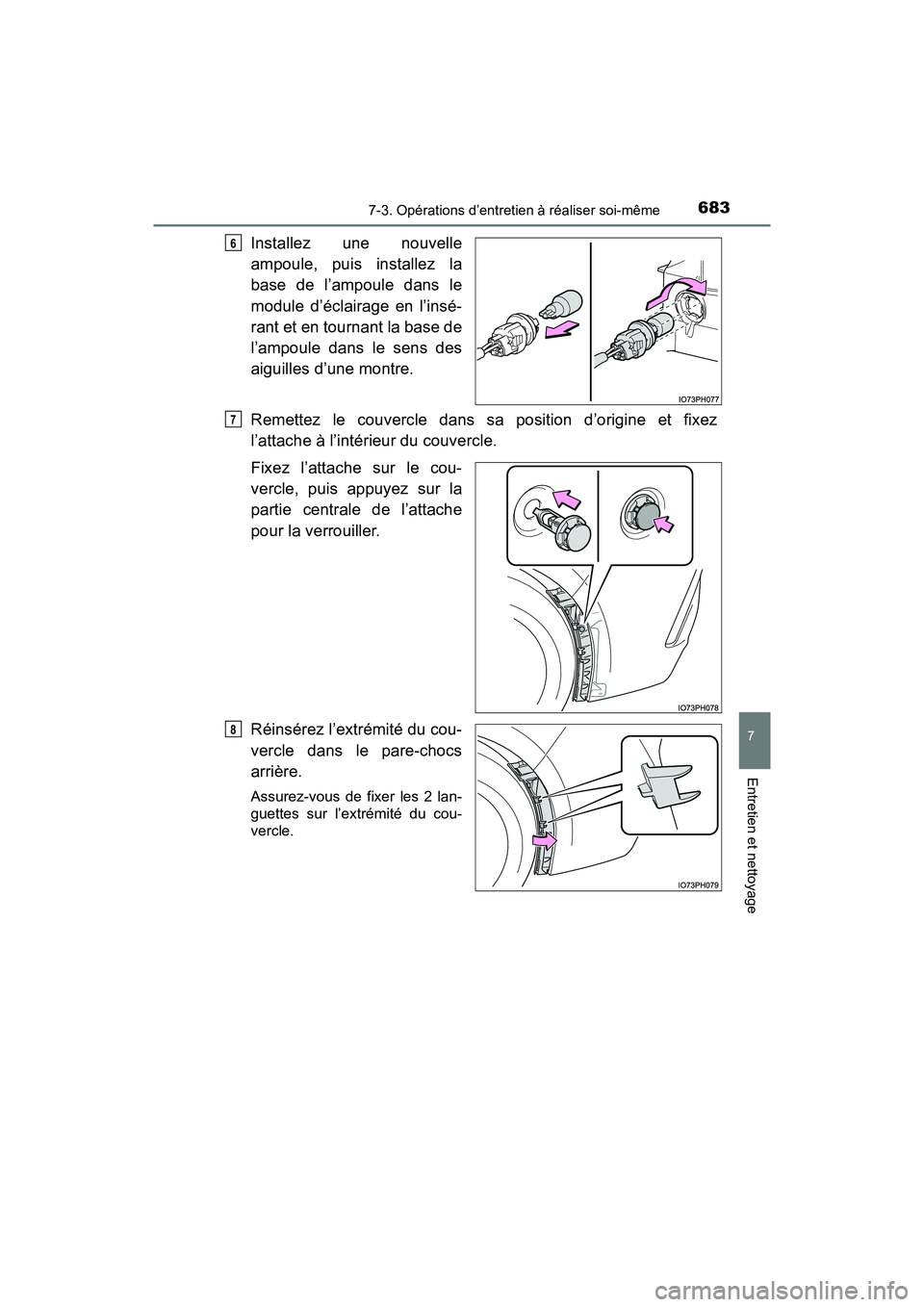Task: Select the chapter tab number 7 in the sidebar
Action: pyautogui.click(x=757, y=745)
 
